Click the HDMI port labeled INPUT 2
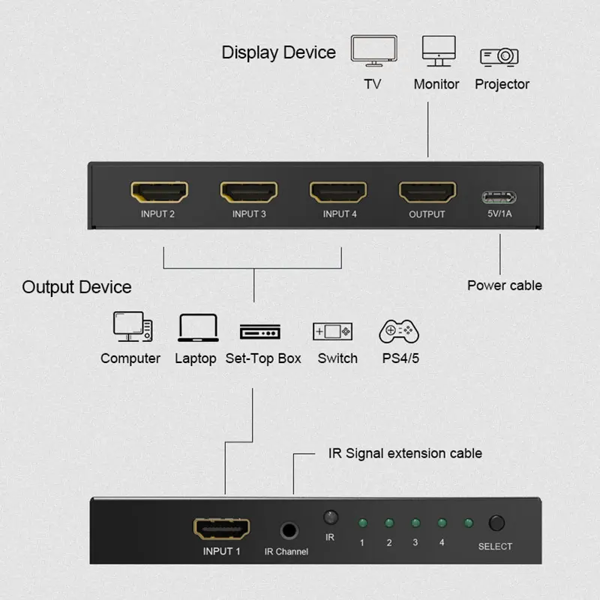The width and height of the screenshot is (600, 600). coord(159,193)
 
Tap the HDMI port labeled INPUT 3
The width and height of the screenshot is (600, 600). coord(249,193)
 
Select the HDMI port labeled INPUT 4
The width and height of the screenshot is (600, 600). coord(338,193)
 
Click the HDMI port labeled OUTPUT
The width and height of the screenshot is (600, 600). coord(427,193)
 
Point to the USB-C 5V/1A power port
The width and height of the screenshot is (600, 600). coord(499,198)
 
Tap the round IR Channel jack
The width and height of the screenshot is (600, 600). coord(287,530)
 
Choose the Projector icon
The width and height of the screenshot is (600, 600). coord(499,55)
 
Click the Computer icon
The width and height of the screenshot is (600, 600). coord(133,326)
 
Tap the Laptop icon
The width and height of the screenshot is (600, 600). coord(198,328)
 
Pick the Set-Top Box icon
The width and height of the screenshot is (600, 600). coord(260,331)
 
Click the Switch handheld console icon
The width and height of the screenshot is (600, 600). coord(333,331)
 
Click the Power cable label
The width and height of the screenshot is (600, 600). coord(504,285)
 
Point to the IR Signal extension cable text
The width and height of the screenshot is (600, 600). coord(405,453)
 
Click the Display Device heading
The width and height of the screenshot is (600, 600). coord(278,52)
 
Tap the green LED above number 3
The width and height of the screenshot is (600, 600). coord(415,523)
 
